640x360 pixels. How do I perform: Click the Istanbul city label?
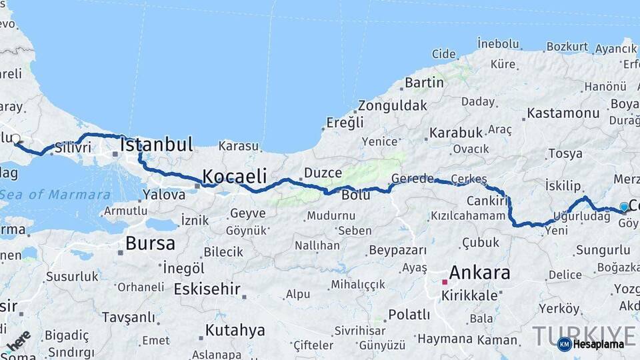[157, 144]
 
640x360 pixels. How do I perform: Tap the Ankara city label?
[480, 273]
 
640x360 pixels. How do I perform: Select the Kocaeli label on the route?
[234, 177]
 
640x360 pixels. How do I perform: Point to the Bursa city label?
[151, 243]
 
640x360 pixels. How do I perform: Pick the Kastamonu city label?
[563, 113]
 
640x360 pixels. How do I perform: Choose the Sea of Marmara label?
[55, 195]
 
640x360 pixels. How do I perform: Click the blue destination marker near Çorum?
[623, 207]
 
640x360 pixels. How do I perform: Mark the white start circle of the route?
[15, 139]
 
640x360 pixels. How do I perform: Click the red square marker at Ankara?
[444, 282]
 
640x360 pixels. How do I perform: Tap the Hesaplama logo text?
[598, 344]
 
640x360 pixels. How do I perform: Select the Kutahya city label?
[235, 330]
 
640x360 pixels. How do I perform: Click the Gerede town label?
[413, 179]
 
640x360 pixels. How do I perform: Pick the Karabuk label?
[455, 133]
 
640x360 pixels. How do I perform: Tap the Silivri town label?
[73, 148]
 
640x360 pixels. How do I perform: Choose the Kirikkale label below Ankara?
[471, 295]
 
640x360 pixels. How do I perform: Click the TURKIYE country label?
[584, 335]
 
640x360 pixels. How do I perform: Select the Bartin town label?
[424, 83]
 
